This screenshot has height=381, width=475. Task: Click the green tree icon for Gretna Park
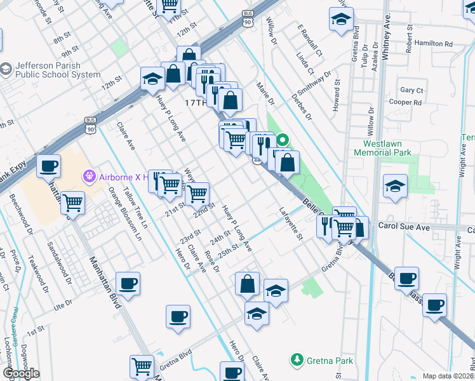(296, 361)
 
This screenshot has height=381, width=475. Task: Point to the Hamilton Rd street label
(436, 44)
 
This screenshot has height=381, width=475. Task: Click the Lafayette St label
(291, 222)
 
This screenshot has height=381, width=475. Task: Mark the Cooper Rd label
(406, 102)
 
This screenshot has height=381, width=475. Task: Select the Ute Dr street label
(64, 305)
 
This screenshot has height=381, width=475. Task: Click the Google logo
(21, 373)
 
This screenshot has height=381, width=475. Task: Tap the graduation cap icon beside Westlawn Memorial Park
(395, 186)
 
